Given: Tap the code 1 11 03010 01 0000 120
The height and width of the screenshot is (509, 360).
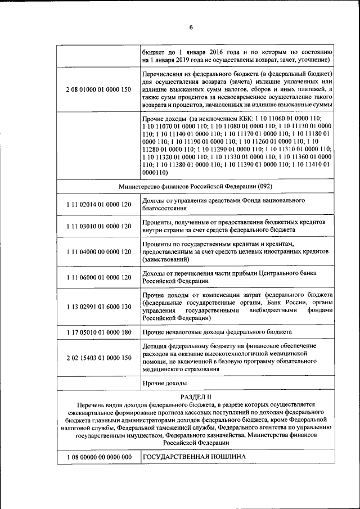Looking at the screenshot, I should point(98,226).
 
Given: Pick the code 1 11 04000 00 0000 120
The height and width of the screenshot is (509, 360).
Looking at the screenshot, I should point(98,251).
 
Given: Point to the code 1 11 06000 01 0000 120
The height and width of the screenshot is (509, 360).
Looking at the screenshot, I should point(98,277).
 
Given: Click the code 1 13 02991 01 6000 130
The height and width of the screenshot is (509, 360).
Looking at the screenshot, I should point(98,307).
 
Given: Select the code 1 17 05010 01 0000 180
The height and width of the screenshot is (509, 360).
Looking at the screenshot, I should point(98,332).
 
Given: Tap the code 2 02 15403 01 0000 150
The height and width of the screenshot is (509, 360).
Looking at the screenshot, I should point(98,358).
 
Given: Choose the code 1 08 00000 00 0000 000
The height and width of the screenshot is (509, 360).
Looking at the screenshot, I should point(98,457).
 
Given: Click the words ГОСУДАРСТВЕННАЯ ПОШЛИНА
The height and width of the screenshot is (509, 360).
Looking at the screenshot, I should point(195,456).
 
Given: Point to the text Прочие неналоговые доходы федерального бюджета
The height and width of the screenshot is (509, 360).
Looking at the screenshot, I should point(217,332).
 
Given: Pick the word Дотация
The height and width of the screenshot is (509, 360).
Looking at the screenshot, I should point(157,345).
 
